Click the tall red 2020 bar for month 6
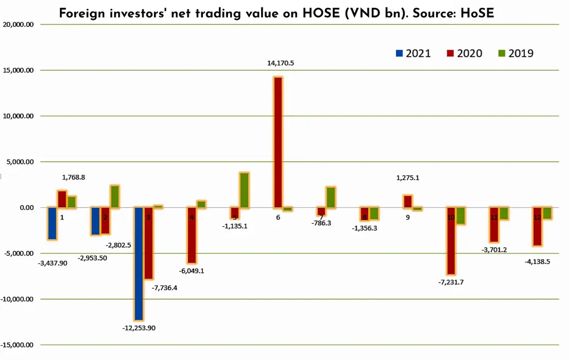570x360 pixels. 278,142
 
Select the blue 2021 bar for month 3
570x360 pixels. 139,263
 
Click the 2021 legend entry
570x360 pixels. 413,54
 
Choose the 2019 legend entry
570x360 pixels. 515,54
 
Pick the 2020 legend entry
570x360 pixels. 464,54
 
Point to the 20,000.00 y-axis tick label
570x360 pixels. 18,25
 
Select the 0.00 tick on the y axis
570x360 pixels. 23,207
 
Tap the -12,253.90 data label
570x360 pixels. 139,329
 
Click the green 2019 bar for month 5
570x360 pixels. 244,190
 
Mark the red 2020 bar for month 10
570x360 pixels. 451,240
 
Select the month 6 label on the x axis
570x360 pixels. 278,218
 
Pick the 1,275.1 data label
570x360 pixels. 408,178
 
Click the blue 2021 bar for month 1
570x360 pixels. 52,223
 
